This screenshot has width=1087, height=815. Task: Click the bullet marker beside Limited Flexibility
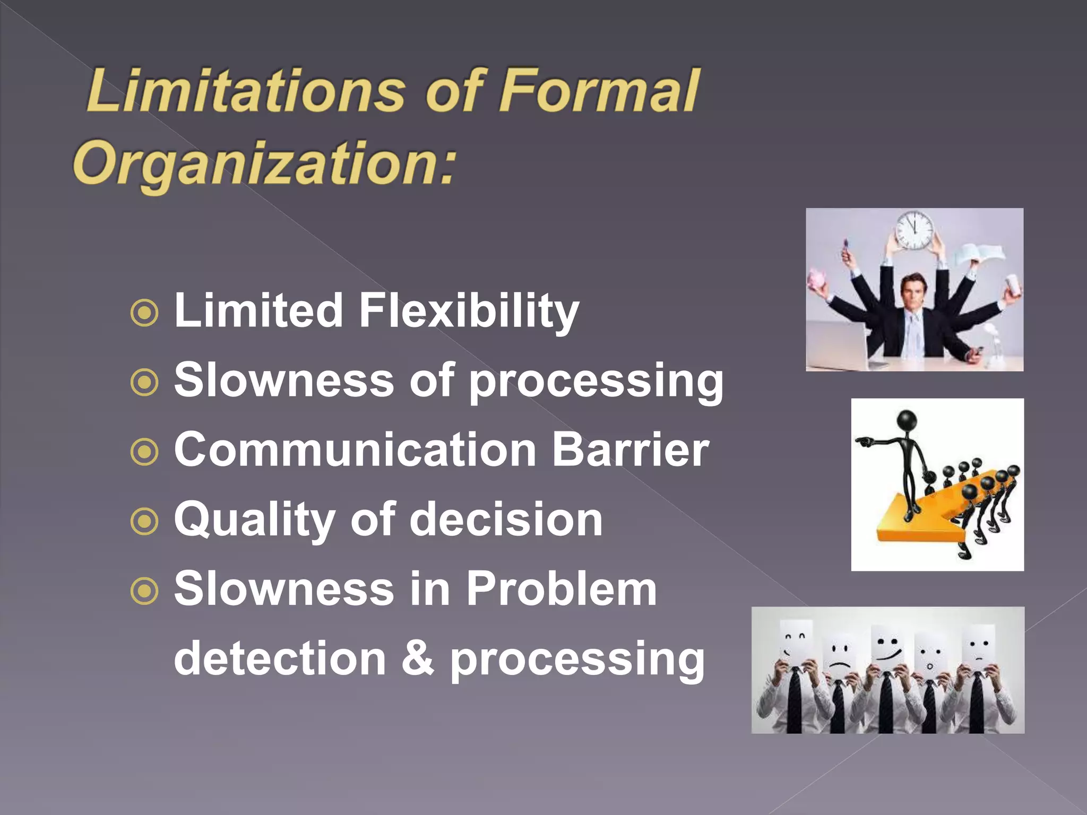point(144,313)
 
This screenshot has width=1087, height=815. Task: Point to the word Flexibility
point(469,311)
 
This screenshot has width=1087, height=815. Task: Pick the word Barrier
point(630,449)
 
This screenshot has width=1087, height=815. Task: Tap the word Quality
point(254,520)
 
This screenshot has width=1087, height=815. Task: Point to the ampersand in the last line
point(418,658)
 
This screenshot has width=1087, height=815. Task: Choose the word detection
point(280,658)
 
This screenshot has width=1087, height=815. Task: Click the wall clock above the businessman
point(914,231)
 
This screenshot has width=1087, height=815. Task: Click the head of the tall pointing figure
point(907,420)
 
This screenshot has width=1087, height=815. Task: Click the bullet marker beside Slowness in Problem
point(144,591)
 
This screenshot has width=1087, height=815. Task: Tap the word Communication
point(355,449)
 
